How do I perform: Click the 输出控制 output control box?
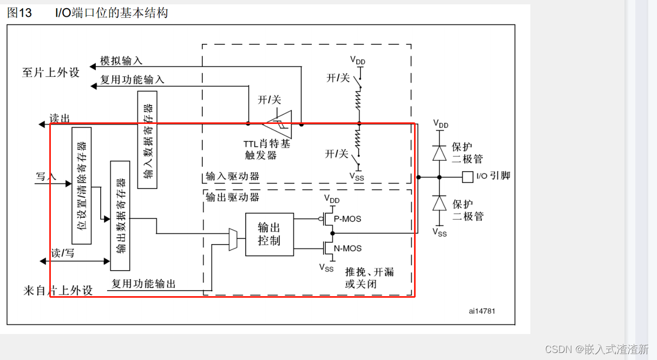click(x=269, y=234)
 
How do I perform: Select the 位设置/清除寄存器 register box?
click(x=82, y=186)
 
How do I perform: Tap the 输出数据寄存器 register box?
click(x=120, y=215)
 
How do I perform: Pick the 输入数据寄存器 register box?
click(x=147, y=140)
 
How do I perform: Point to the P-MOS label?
click(x=347, y=219)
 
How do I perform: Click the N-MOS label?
click(x=348, y=248)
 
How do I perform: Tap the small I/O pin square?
click(x=468, y=176)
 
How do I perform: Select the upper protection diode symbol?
click(x=439, y=153)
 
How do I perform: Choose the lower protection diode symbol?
click(x=439, y=203)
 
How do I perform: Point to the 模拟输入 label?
click(x=121, y=61)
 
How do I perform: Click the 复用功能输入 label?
click(x=132, y=80)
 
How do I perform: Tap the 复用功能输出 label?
click(x=143, y=284)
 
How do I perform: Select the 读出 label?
click(x=60, y=119)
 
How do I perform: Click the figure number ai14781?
click(x=482, y=311)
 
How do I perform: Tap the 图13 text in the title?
click(x=19, y=13)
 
